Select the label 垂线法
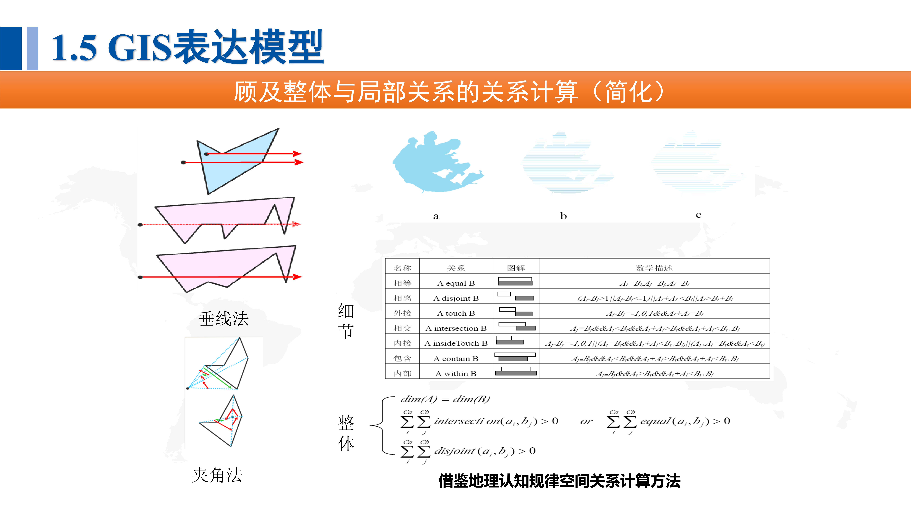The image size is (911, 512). click(223, 319)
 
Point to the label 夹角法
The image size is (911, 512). click(217, 475)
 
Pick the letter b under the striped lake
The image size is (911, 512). click(563, 216)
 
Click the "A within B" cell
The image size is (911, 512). click(456, 373)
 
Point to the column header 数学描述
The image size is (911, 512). click(654, 268)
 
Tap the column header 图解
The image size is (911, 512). click(516, 268)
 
